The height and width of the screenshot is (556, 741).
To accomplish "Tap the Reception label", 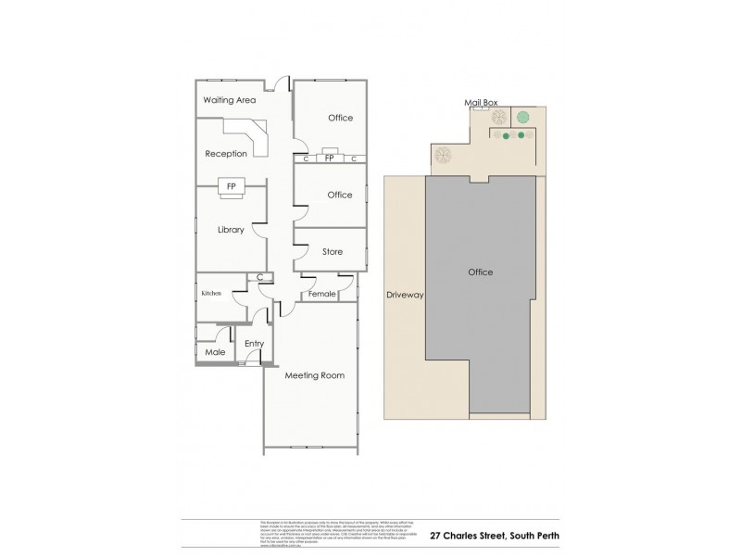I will tap(226, 154).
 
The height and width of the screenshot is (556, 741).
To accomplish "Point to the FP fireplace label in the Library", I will tap(228, 185).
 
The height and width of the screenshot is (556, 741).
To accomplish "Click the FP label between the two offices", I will tap(329, 159).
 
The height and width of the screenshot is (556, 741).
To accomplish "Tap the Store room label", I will tap(333, 252).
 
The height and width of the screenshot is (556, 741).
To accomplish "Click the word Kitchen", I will tap(211, 294).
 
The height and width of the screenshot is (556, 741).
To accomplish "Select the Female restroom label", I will tap(323, 294).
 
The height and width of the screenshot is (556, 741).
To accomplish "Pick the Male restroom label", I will tap(214, 352).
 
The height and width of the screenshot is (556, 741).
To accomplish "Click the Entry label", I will tap(254, 344).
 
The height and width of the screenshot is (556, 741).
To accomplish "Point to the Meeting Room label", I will tap(314, 375).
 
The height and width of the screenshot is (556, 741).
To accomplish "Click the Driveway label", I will tap(404, 295).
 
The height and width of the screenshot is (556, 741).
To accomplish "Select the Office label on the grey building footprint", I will tap(480, 272).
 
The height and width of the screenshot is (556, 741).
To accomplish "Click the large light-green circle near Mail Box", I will tap(522, 117).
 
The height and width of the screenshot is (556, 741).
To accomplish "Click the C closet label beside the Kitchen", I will tap(260, 277).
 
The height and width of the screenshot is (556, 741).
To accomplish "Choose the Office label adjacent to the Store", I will tap(340, 195).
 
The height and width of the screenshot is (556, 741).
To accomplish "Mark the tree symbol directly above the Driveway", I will tap(442, 154).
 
